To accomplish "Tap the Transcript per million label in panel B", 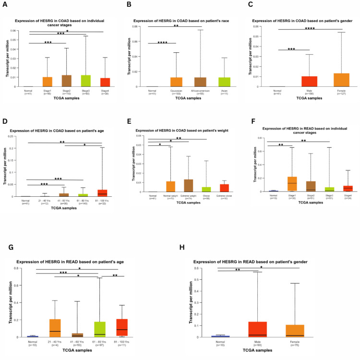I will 128,56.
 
